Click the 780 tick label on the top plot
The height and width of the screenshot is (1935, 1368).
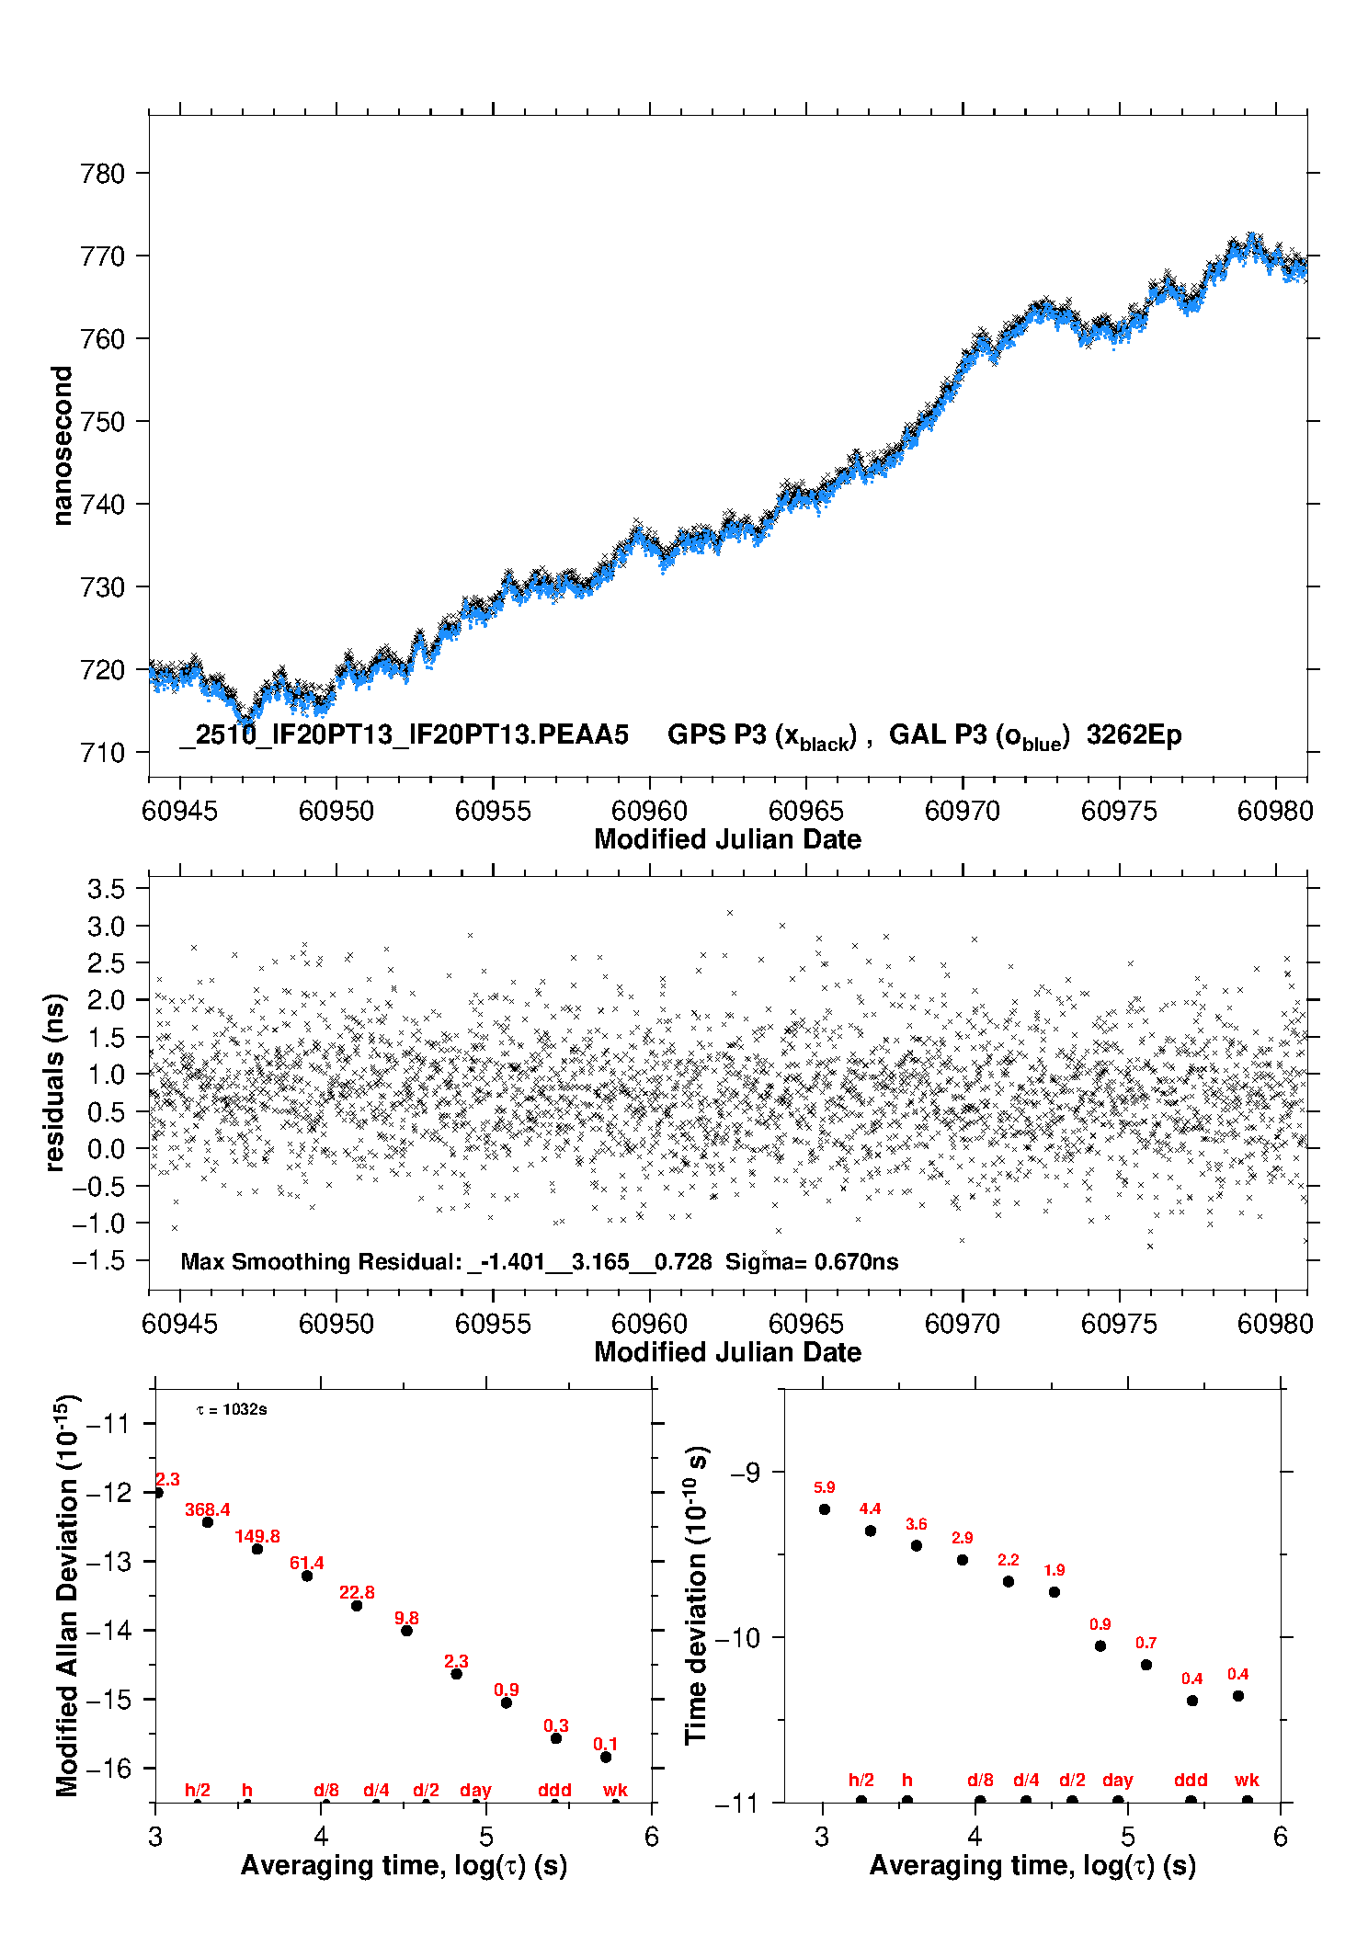point(102,174)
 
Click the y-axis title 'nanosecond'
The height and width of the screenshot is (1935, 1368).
point(62,446)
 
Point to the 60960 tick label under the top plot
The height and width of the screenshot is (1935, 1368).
point(649,811)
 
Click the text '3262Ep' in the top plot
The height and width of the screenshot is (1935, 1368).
point(1134,735)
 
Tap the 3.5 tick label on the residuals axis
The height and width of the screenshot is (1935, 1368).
point(106,889)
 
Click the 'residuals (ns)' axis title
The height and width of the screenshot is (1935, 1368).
point(55,1082)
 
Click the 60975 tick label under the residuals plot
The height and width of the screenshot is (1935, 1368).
point(1119,1324)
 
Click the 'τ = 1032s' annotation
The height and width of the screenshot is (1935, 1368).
point(232,1409)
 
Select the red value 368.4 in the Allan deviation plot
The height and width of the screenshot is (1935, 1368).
point(207,1509)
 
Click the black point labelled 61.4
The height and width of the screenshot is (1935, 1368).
point(307,1576)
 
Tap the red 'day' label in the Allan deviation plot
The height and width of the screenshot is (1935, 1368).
point(475,1790)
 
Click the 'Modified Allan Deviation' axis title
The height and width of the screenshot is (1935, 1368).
point(67,1594)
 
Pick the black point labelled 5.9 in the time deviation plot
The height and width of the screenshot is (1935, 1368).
point(825,1509)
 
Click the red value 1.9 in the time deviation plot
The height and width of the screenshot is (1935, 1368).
point(1054,1570)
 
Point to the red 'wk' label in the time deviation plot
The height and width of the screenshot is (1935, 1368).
point(1247,1781)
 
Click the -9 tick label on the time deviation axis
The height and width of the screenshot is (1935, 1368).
point(745,1473)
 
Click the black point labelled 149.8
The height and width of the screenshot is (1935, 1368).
point(257,1549)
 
